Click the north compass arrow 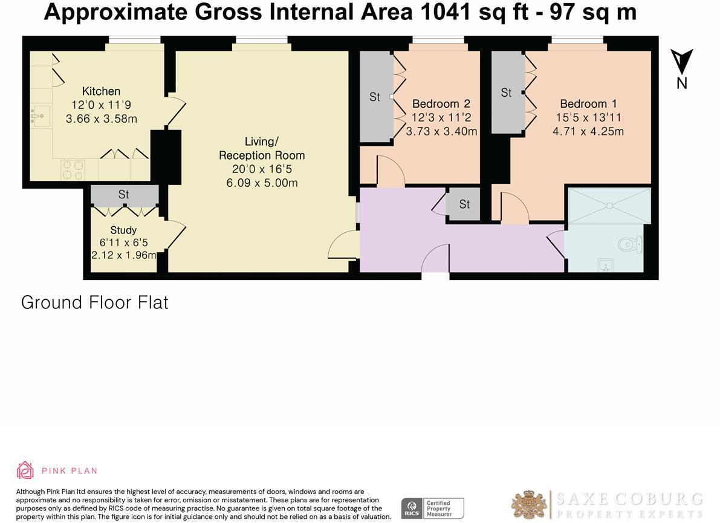pyautogui.click(x=681, y=62)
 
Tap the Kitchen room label pyautogui.click(x=101, y=91)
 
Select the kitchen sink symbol pyautogui.click(x=41, y=115)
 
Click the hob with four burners pyautogui.click(x=73, y=169)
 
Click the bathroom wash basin pyautogui.click(x=605, y=264)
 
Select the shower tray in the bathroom pyautogui.click(x=608, y=207)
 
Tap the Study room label pyautogui.click(x=123, y=230)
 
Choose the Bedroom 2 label pyautogui.click(x=441, y=103)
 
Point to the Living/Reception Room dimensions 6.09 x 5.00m pyautogui.click(x=262, y=183)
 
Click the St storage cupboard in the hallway pyautogui.click(x=464, y=204)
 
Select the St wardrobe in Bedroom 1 pyautogui.click(x=507, y=93)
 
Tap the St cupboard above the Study pyautogui.click(x=124, y=195)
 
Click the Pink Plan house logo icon pyautogui.click(x=25, y=470)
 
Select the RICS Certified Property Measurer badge pyautogui.click(x=433, y=508)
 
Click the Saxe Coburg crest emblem pyautogui.click(x=529, y=505)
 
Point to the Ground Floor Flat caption pyautogui.click(x=95, y=302)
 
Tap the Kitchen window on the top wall pyautogui.click(x=134, y=40)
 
